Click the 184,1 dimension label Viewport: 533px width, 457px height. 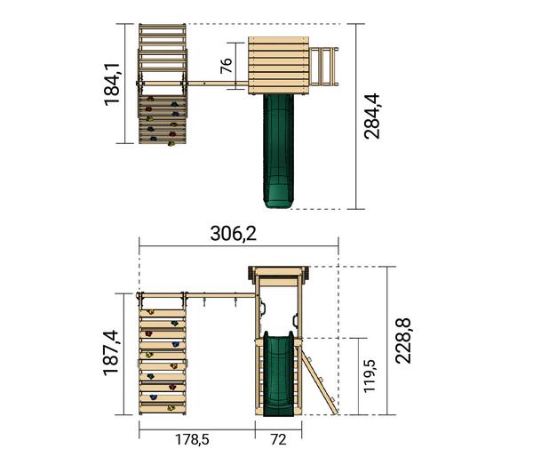pos(112,84)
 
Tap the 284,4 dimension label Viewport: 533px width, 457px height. pos(371,116)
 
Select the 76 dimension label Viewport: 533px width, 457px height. pos(226,66)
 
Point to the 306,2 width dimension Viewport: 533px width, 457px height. pos(233,234)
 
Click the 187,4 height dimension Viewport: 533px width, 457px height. pos(111,353)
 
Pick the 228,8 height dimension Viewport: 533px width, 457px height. pos(403,341)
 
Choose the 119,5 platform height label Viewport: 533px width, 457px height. pos(370,376)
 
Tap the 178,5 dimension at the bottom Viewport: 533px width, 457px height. pos(192,439)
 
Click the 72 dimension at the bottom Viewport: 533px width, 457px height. pos(278,439)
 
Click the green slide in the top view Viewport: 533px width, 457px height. pos(278,151)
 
